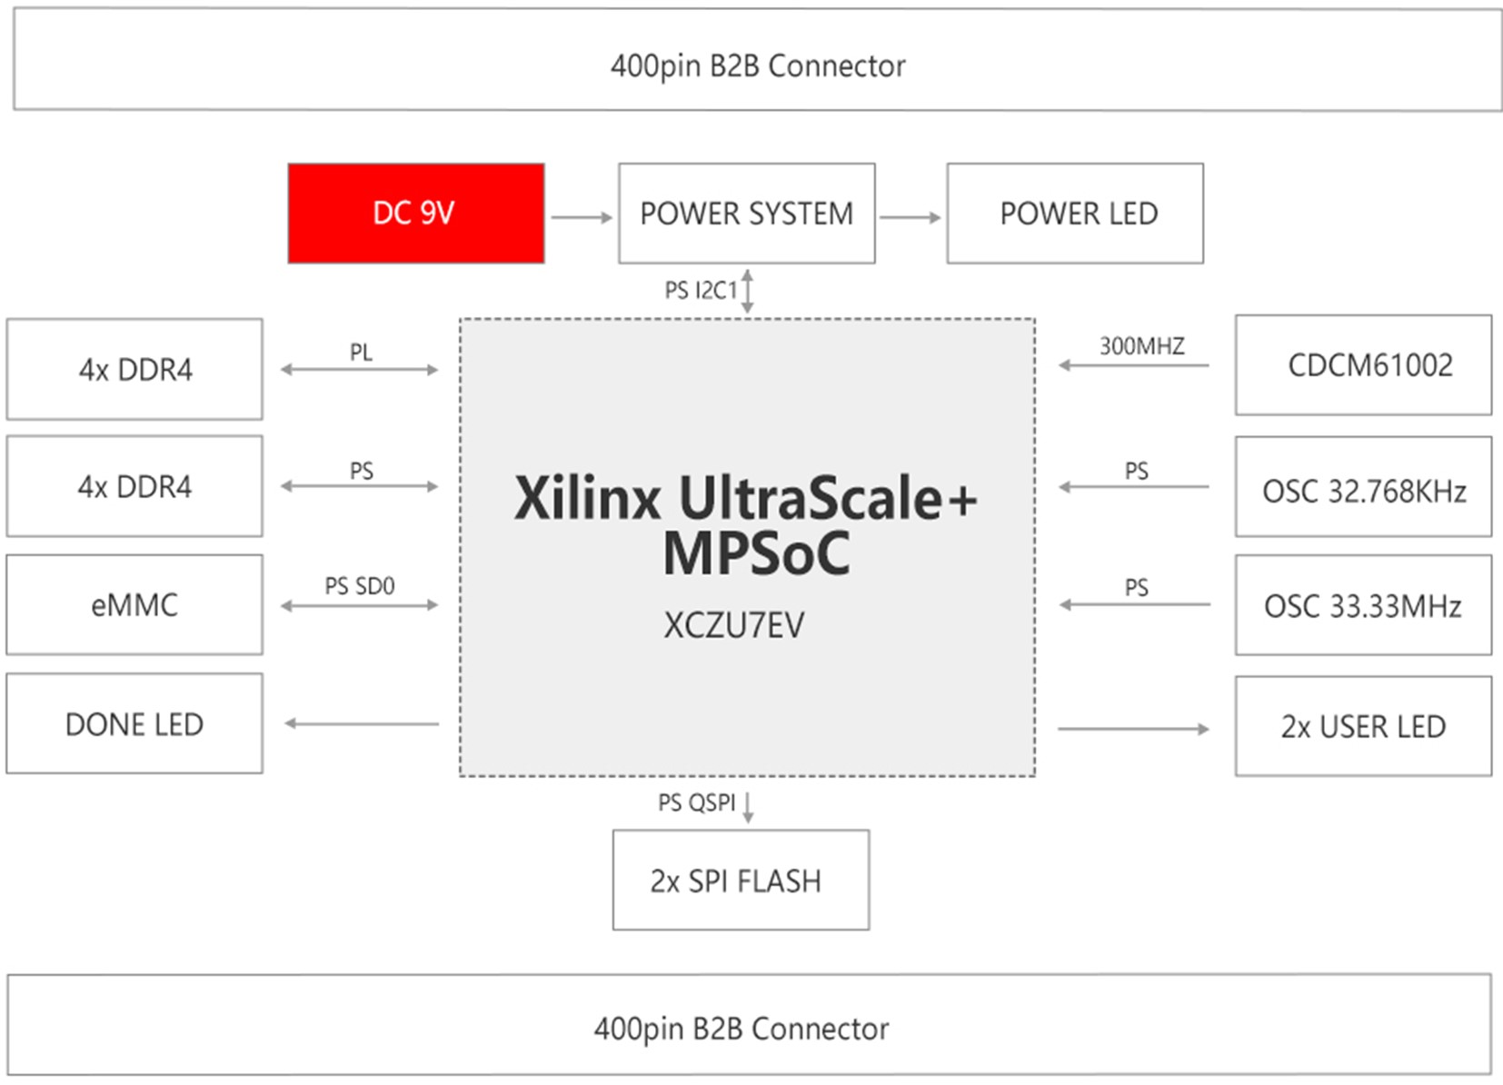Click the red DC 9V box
point(416,214)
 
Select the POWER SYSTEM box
point(746,214)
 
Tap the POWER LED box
point(1075,214)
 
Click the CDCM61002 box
point(1363,365)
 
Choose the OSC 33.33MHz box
point(1363,605)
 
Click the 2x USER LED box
point(1363,726)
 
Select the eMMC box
point(134,605)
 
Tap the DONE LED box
point(134,724)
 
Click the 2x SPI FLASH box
point(741,881)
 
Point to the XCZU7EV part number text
point(733,626)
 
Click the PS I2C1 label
point(701,291)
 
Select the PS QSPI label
point(696,803)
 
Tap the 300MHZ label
point(1141,346)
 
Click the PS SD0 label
point(360,586)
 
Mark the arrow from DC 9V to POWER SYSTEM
point(582,217)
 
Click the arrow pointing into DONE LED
point(362,724)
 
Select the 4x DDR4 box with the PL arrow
point(134,370)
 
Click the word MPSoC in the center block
point(756,552)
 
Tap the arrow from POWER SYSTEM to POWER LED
point(911,217)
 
